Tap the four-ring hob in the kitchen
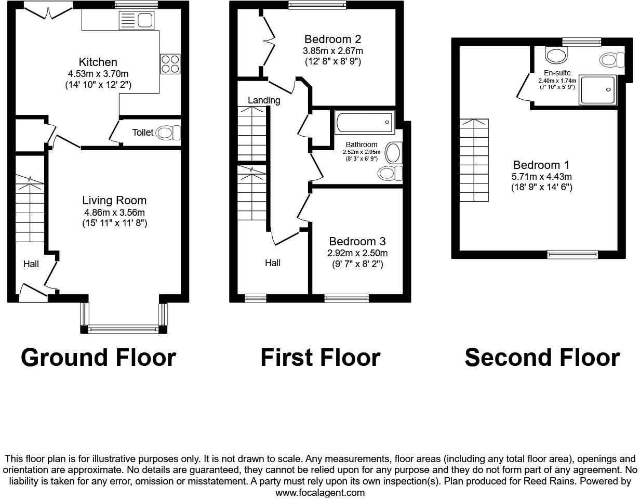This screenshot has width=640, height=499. (x=170, y=64)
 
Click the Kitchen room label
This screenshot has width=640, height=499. (x=98, y=62)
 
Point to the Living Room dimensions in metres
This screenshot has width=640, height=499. (x=114, y=212)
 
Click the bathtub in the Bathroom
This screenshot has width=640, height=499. (x=364, y=123)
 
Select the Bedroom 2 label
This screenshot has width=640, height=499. (x=332, y=39)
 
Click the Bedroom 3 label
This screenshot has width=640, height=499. (x=357, y=241)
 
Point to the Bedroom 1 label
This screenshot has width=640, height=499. (x=541, y=165)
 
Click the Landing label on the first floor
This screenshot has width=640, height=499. (x=264, y=100)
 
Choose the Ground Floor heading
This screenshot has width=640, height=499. (x=98, y=358)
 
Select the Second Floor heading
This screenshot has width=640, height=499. (x=542, y=358)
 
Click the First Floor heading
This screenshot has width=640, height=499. (x=320, y=358)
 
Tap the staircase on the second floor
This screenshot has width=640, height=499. (x=474, y=161)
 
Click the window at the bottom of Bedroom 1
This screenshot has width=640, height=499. (x=572, y=254)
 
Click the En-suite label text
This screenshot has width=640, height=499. (x=557, y=73)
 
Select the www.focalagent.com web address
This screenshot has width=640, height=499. (x=320, y=492)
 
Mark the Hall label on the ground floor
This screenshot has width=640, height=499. (x=31, y=264)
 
